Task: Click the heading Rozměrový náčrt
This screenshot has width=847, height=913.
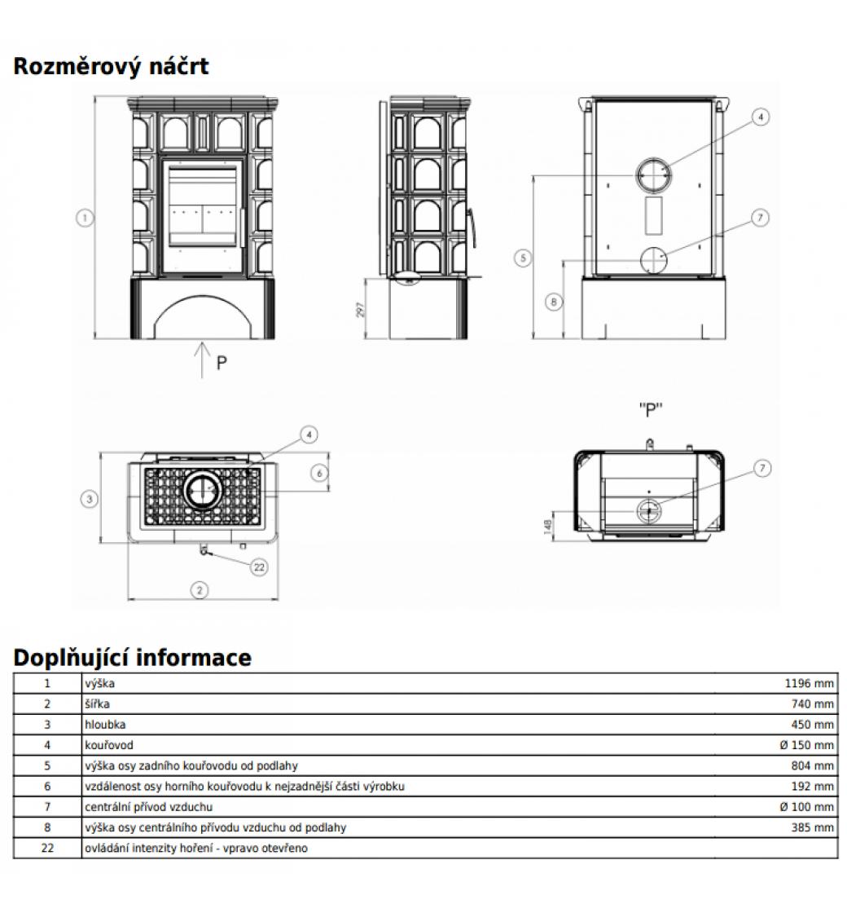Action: [111, 66]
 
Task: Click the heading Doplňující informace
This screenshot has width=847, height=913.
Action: [132, 657]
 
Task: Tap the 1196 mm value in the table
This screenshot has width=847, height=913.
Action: [809, 684]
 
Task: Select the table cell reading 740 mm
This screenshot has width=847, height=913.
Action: [813, 704]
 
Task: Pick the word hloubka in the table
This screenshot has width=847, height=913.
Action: [105, 725]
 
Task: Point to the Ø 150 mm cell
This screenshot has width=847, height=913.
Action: [806, 745]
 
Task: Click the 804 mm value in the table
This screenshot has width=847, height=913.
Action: [813, 765]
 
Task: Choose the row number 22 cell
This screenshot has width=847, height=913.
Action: [47, 848]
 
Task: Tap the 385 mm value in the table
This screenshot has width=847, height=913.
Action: [813, 827]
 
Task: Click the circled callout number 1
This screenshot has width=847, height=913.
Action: [85, 218]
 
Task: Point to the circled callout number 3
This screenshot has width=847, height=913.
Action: [90, 499]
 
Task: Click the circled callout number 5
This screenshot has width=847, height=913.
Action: [524, 258]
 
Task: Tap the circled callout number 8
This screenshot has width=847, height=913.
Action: [553, 302]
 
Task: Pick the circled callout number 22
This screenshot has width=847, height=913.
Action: [260, 567]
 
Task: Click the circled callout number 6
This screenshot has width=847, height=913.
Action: [319, 473]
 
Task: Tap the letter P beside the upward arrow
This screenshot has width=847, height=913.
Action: [222, 363]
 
